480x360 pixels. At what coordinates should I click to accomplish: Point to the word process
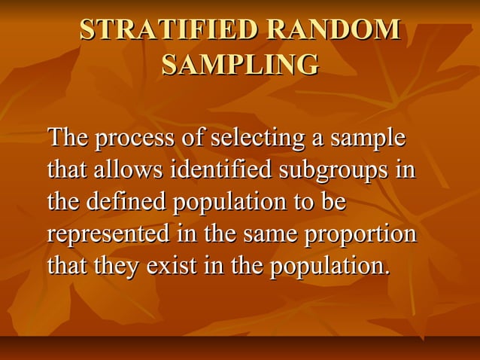(x=134, y=139)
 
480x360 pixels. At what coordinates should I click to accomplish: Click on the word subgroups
(x=336, y=171)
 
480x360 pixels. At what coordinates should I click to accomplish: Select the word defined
(x=126, y=203)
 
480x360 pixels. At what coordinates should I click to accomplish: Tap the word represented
(x=108, y=234)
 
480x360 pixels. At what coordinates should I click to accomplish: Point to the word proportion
(x=360, y=234)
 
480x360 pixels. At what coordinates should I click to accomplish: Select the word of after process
(x=192, y=139)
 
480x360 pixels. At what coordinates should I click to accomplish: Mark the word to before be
(x=305, y=203)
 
